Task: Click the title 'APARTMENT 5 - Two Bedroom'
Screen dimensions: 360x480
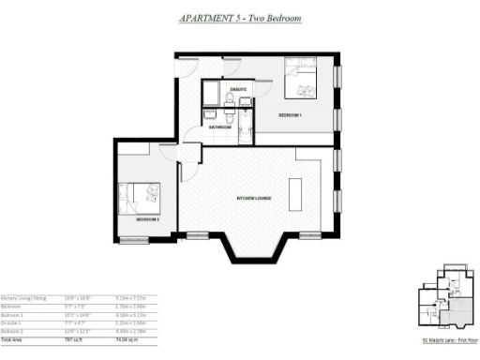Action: point(239,18)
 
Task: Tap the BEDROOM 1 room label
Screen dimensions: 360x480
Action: point(291,114)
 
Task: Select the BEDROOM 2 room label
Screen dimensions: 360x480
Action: point(147,218)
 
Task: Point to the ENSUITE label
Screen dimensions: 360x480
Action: point(236,90)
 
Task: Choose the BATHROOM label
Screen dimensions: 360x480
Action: point(221,125)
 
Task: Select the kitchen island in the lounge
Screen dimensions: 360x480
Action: point(297,195)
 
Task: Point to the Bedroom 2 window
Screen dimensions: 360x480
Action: point(134,241)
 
